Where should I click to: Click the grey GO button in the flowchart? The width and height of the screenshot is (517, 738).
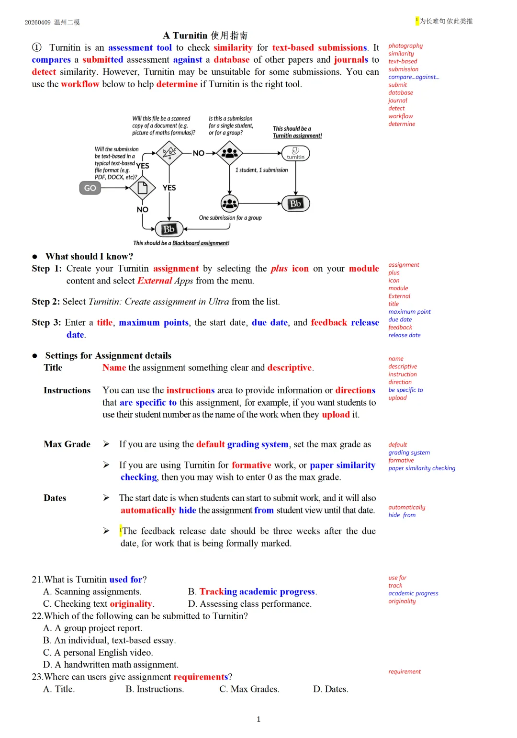click(90, 188)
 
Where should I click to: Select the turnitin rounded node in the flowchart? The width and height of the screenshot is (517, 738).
click(295, 153)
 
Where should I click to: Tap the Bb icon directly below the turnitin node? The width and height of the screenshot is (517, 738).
click(295, 204)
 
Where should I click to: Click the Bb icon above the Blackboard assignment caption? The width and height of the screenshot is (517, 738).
click(169, 229)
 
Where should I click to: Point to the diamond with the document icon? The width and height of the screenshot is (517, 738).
click(142, 188)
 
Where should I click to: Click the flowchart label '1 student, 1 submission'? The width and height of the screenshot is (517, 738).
click(261, 170)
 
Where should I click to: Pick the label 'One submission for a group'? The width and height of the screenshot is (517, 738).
click(230, 218)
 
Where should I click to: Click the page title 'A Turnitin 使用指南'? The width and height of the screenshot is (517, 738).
click(205, 35)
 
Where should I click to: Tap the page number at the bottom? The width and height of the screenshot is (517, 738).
click(258, 719)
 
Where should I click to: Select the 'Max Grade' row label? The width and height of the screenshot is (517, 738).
click(67, 444)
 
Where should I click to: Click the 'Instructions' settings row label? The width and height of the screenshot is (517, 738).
click(67, 390)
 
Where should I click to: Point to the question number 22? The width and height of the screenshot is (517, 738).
click(37, 616)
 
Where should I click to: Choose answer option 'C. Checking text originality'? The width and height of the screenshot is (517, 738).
click(99, 604)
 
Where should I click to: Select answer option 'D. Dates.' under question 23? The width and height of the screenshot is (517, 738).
click(330, 689)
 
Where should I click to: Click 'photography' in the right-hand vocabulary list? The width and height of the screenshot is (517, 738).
click(405, 46)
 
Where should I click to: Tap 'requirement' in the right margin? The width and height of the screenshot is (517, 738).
click(405, 671)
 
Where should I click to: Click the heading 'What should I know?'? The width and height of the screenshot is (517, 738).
click(89, 256)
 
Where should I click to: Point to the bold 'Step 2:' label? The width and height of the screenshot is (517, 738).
click(46, 302)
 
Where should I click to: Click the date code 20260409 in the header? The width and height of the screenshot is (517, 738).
click(37, 23)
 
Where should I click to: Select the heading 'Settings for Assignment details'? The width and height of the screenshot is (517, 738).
click(108, 355)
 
